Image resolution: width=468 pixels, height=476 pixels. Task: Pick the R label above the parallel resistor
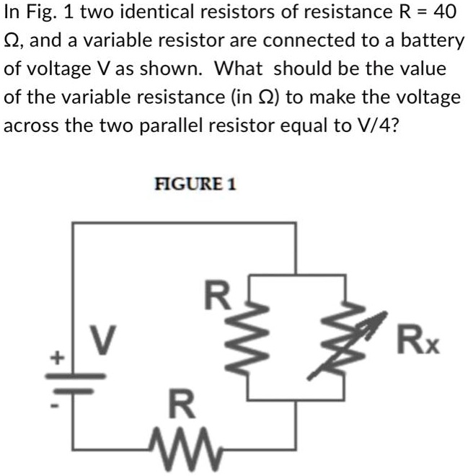pyautogui.click(x=216, y=296)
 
